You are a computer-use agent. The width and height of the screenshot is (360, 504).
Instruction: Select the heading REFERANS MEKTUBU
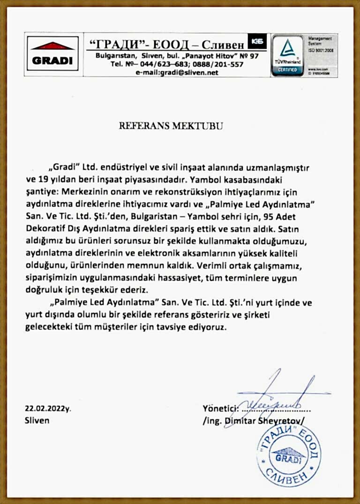tap(171, 126)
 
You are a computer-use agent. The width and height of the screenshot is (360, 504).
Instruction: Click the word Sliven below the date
tap(37, 421)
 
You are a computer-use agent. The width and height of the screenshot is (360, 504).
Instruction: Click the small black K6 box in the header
tap(256, 41)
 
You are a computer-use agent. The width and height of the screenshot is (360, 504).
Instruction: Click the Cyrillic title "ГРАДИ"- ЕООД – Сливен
tap(166, 45)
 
